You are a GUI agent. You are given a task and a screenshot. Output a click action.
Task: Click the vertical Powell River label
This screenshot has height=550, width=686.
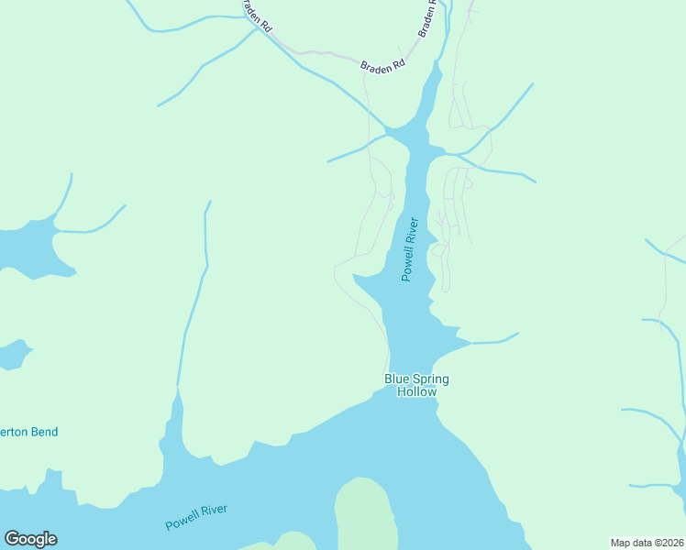(410, 249)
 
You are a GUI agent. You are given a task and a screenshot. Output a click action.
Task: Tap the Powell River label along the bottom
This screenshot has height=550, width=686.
(196, 518)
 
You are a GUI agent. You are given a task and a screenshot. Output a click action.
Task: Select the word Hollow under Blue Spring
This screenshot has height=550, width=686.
(416, 391)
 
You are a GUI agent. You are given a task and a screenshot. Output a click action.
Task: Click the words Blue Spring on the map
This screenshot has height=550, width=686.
(416, 379)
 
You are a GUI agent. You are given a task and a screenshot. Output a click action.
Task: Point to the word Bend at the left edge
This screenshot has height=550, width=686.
(44, 432)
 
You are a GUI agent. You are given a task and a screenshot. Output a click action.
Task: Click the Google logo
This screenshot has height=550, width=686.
(30, 539)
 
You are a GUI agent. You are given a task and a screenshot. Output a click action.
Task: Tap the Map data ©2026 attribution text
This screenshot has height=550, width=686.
(647, 543)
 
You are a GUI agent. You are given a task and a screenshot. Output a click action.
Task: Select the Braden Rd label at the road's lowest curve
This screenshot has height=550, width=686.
(382, 67)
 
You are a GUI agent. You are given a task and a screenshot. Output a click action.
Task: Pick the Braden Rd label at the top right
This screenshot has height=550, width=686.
(426, 18)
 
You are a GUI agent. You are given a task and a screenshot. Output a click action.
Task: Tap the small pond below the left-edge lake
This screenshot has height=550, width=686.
(14, 354)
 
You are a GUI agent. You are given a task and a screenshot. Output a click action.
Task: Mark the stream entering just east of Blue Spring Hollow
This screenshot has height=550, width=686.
(491, 342)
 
